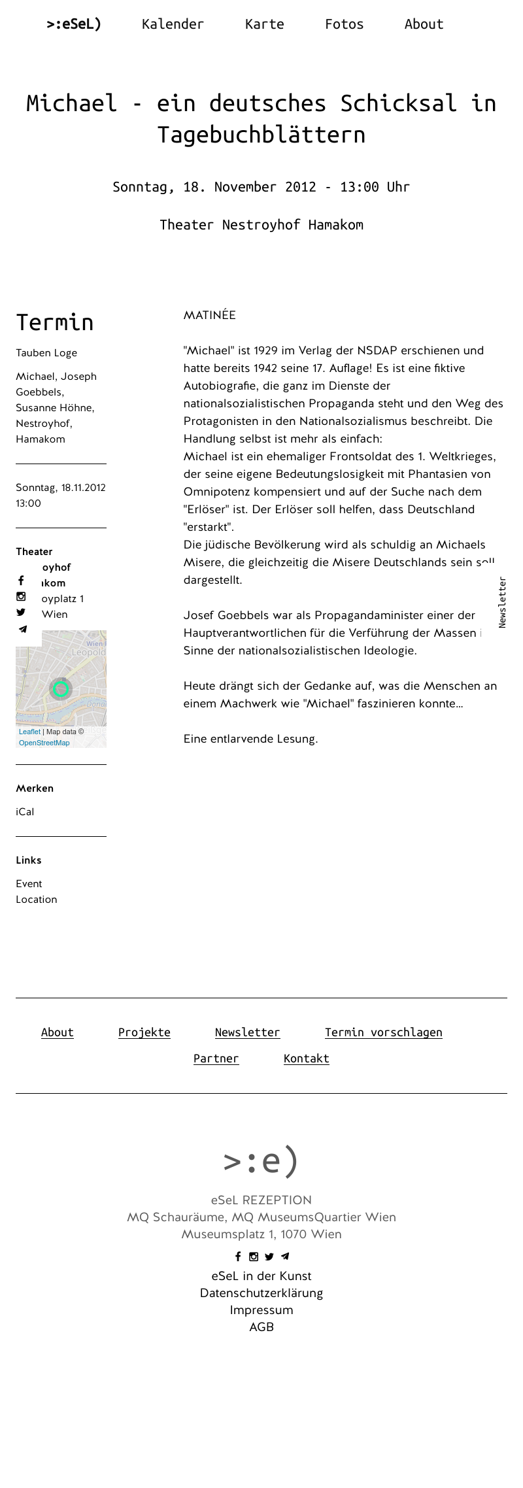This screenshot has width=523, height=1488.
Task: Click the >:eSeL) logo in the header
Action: pos(74,24)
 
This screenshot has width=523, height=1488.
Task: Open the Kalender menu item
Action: pos(173,24)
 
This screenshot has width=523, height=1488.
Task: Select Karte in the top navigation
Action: pos(264,24)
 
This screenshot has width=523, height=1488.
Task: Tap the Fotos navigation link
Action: pos(344,24)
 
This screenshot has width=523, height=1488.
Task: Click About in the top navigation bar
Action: pos(424,24)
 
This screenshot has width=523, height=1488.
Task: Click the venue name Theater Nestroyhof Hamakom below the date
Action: pos(261,225)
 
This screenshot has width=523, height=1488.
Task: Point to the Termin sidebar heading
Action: pos(55,322)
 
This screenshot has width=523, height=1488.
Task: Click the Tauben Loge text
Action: pos(46,353)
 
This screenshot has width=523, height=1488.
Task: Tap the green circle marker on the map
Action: pos(61,688)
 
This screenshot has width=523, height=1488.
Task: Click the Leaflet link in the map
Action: pos(29,732)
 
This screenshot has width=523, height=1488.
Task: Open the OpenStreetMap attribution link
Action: pos(44,743)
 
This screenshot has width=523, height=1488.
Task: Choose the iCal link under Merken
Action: pos(25,812)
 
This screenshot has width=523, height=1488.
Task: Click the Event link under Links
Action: pos(29,884)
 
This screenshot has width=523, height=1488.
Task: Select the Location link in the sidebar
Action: pos(37,900)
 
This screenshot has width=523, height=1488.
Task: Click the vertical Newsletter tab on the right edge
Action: pos(502,602)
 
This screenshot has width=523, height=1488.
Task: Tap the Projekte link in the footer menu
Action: pos(144,1032)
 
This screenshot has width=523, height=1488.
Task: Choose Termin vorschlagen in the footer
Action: pos(383,1032)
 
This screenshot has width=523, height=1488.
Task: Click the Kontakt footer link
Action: pos(306,1058)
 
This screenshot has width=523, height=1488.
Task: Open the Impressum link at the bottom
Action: pos(261,1310)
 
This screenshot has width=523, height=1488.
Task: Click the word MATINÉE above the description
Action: pos(209,315)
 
